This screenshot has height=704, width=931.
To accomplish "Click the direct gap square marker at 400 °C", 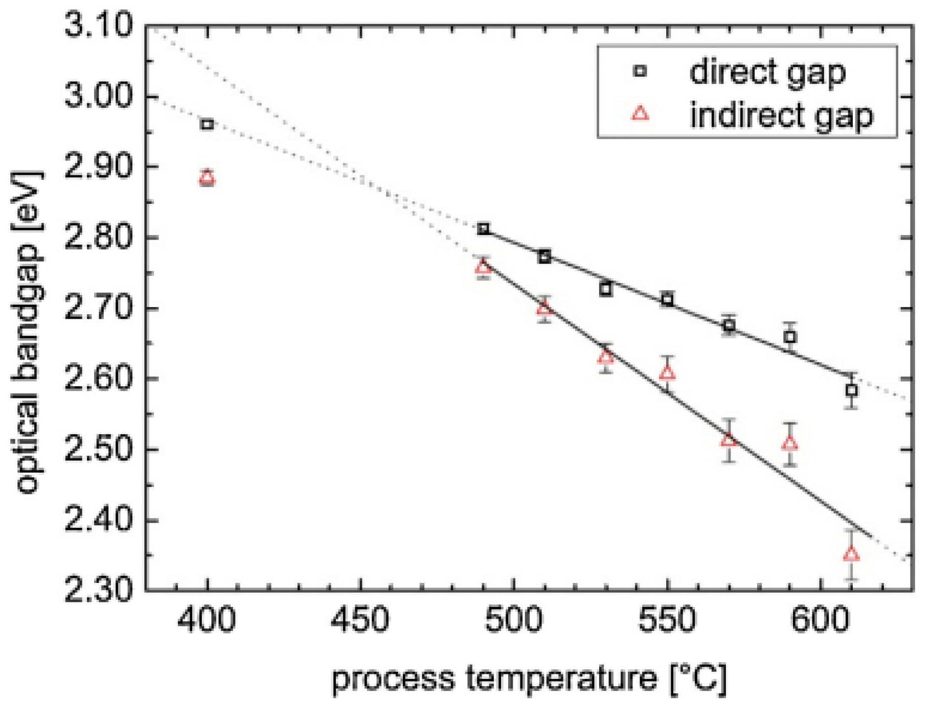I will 207,124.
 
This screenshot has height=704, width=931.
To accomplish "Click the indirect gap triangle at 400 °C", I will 207,178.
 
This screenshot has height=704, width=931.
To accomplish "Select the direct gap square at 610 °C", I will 851,391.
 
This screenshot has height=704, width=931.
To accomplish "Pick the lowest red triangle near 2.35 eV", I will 851,554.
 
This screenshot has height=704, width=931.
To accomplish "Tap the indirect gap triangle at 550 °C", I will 667,373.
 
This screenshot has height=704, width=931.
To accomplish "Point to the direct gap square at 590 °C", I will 790,337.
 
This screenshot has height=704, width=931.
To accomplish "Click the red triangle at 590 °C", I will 790,443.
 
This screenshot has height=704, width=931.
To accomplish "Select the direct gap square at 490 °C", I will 483,229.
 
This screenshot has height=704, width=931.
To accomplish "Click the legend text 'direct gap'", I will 767,72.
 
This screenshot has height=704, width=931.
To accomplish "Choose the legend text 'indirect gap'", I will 781,115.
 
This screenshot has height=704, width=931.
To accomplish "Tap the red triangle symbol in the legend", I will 640,113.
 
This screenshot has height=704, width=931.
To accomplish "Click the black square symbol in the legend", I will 640,72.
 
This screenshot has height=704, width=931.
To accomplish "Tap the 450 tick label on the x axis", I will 360,620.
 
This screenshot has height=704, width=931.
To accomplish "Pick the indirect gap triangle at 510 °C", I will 544,308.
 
